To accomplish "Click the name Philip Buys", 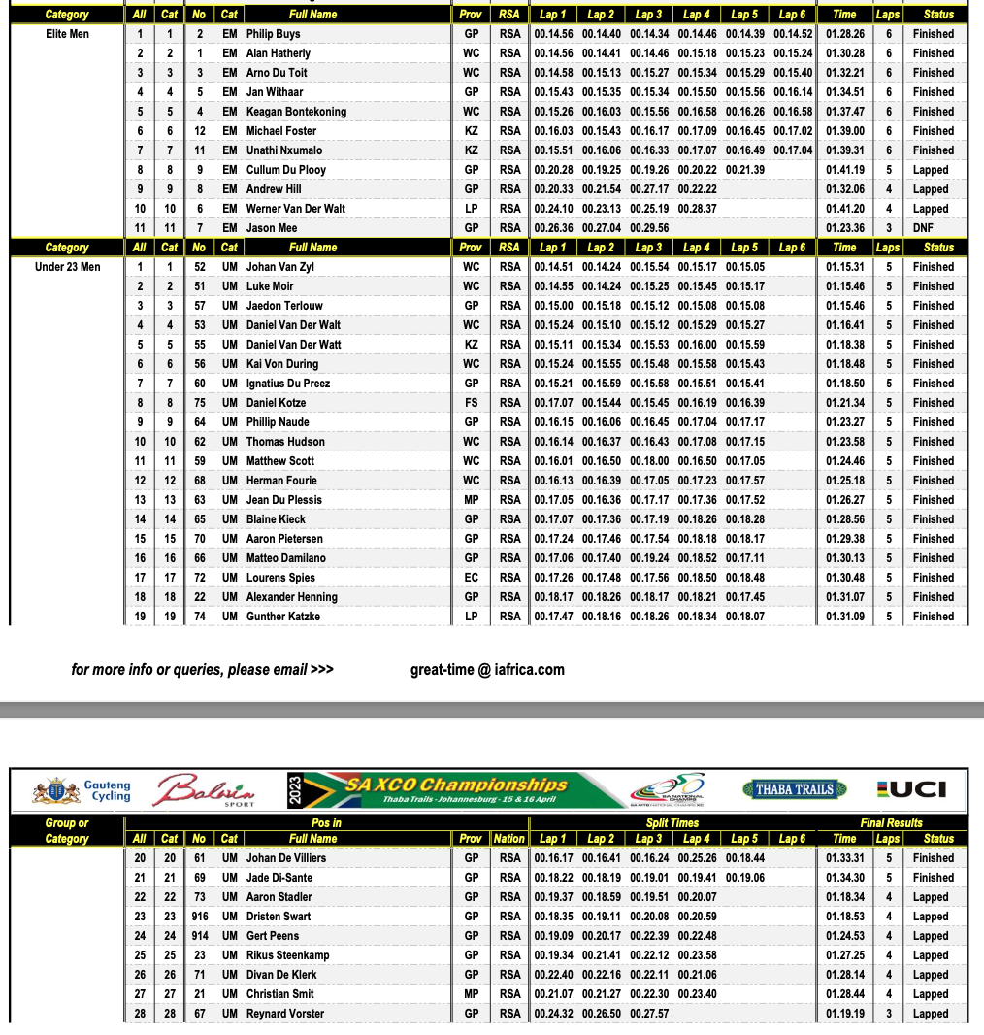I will [273, 34].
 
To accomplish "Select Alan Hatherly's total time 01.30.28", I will [844, 53].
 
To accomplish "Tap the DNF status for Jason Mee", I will [923, 228].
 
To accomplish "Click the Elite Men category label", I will [67, 34].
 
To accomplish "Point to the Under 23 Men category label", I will [67, 267].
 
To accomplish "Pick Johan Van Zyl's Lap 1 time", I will [553, 267].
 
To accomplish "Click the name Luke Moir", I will [270, 286].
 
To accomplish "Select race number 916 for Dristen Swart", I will [200, 917].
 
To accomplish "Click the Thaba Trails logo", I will [794, 789].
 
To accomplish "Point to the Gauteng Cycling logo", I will [82, 790].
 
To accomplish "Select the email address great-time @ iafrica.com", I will [487, 669].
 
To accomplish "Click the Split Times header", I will [672, 823].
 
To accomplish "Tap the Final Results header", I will [891, 823].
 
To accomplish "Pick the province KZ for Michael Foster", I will [471, 131].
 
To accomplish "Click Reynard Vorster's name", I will [284, 1014].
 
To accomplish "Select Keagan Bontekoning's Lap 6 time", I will [794, 112].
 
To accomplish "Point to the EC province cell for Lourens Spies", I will [471, 578].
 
